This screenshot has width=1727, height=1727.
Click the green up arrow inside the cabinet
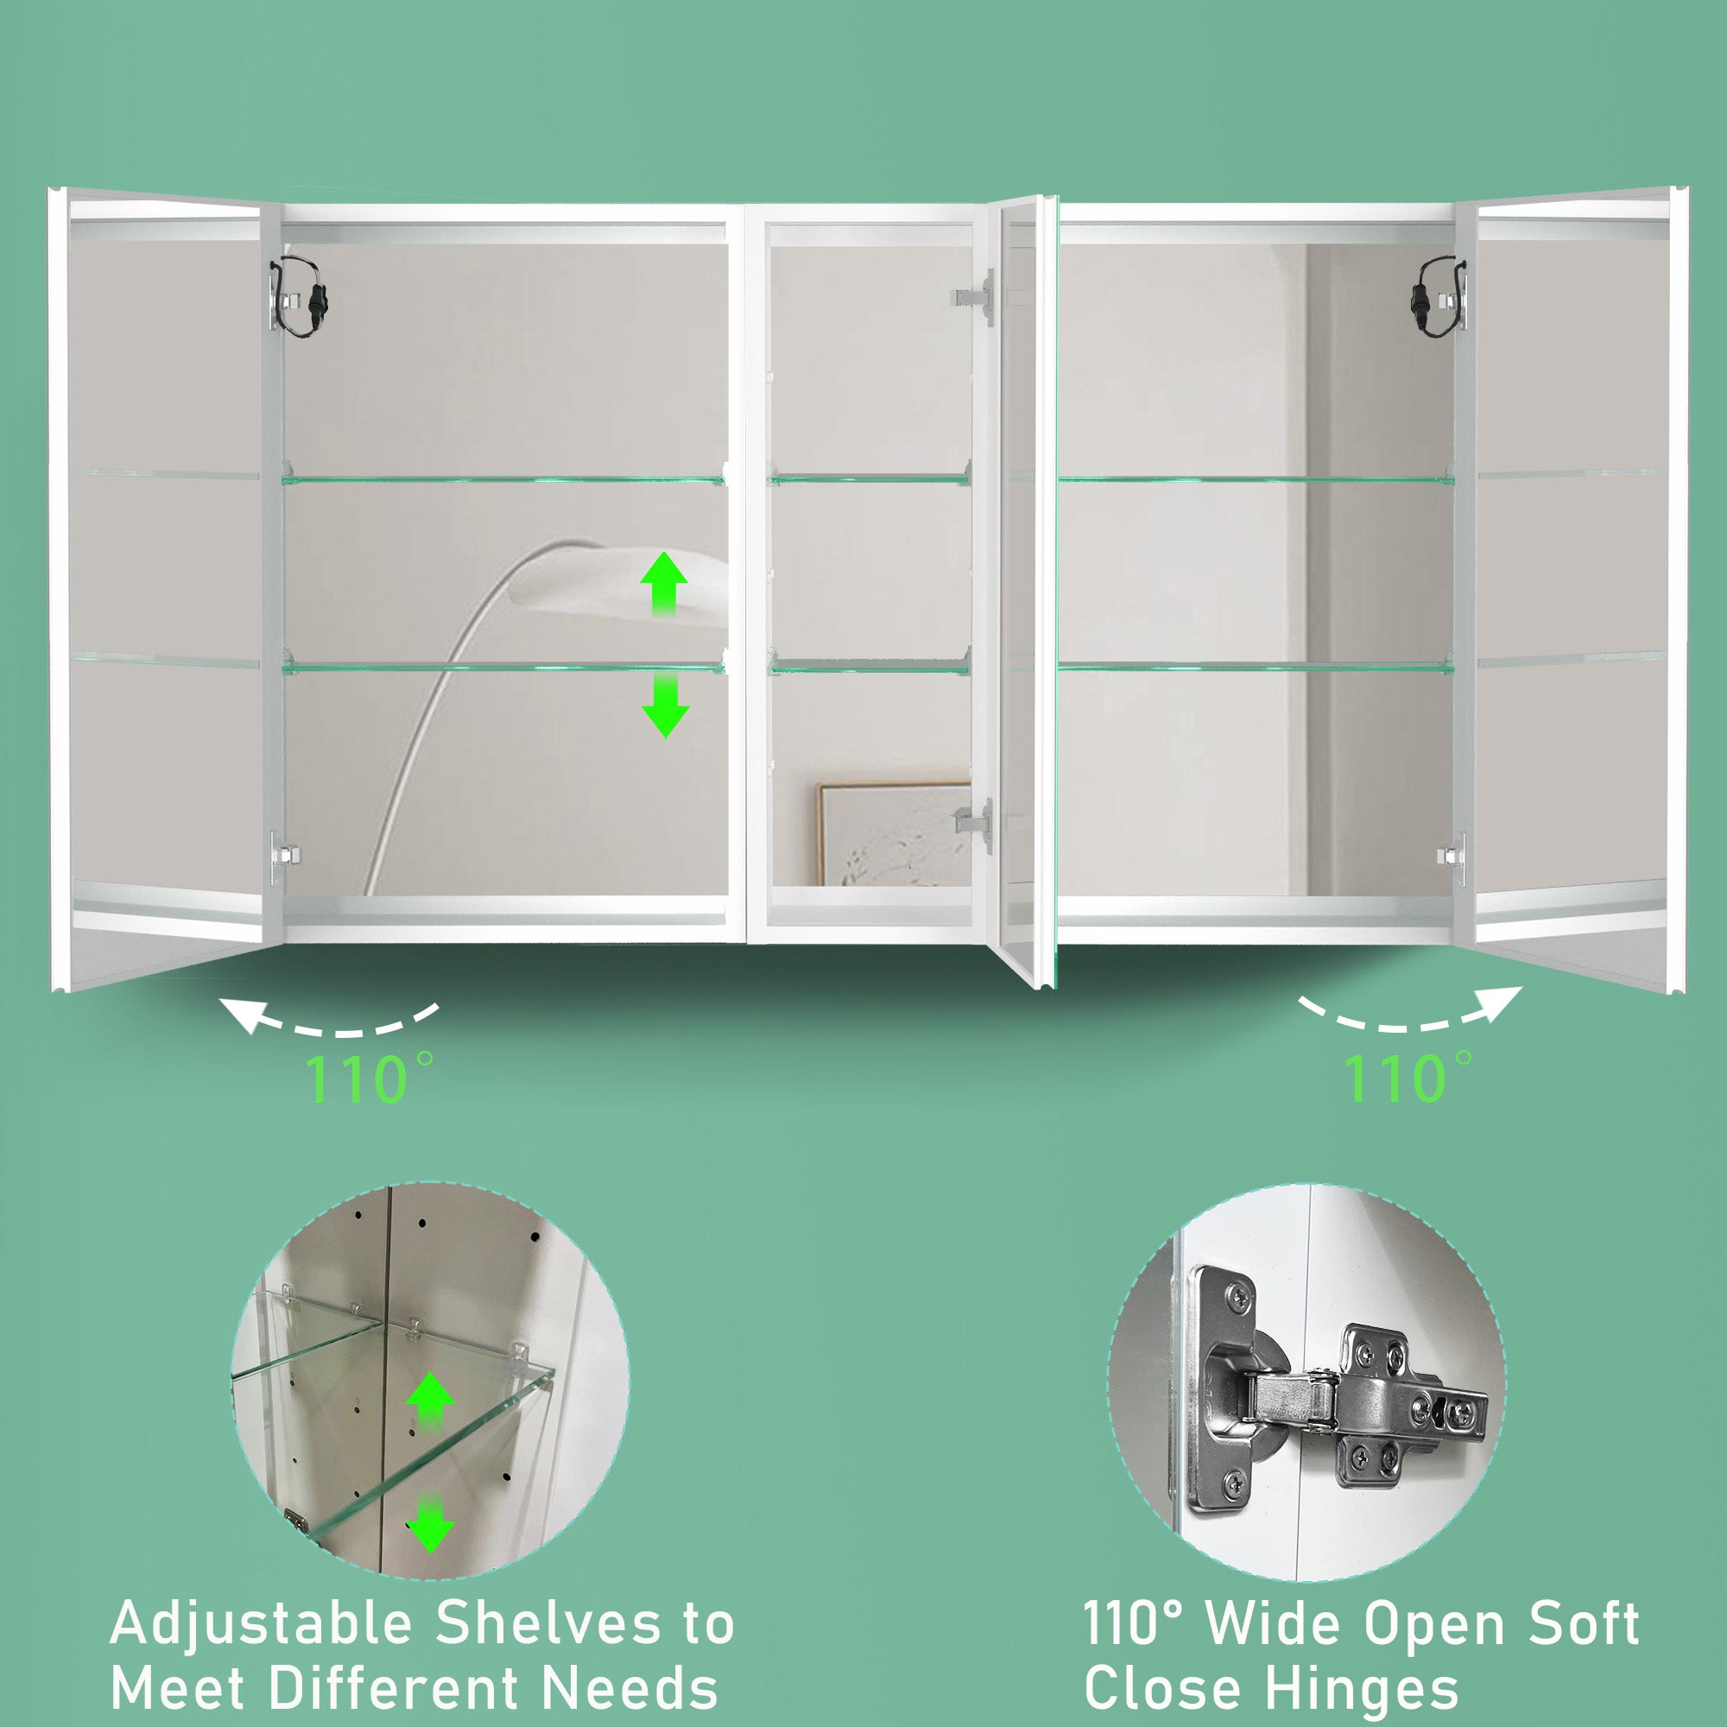click(x=664, y=584)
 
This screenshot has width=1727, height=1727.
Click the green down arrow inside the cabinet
click(x=665, y=705)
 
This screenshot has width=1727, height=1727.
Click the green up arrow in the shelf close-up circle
click(x=431, y=1399)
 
